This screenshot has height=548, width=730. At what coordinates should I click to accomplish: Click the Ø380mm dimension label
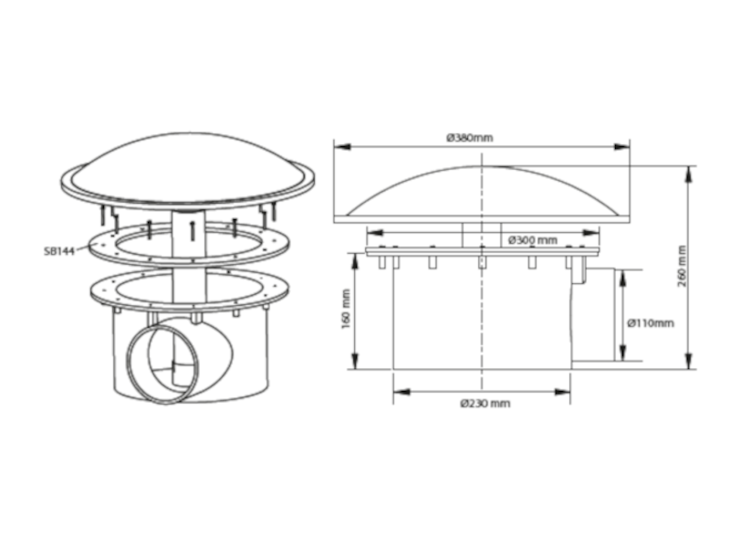click(469, 138)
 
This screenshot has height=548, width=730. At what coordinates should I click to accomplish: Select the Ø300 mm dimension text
click(533, 240)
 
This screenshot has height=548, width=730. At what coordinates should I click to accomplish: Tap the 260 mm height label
click(682, 266)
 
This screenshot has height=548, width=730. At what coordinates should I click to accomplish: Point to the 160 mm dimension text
click(346, 309)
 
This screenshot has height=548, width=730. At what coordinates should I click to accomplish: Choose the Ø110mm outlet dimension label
click(651, 323)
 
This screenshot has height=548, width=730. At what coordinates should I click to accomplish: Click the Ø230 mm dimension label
click(485, 404)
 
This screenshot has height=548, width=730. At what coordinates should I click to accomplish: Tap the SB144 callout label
click(59, 251)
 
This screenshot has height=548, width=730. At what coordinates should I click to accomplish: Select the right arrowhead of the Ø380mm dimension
click(621, 147)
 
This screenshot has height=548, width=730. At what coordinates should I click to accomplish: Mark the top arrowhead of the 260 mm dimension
click(689, 174)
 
